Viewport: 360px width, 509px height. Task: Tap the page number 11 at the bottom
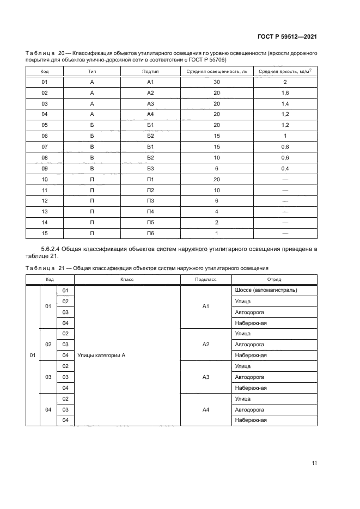tap(314, 463)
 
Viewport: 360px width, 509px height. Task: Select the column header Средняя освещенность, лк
tap(216, 71)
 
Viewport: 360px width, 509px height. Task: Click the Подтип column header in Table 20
tap(150, 71)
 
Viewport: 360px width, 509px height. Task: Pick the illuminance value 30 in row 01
tap(216, 82)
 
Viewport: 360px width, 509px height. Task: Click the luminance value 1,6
tap(284, 93)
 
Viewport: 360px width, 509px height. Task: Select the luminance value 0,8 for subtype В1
tap(284, 147)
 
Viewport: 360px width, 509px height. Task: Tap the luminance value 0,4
tap(284, 169)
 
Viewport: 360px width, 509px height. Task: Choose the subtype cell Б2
tap(151, 136)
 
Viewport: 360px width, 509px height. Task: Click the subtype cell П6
tap(151, 234)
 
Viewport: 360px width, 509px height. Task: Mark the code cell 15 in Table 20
tap(45, 234)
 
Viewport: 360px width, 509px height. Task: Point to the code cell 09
tap(45, 169)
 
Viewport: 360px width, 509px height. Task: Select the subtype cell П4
tap(151, 212)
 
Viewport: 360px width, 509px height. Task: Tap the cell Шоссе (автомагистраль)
tap(266, 290)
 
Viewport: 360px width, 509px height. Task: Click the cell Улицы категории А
tap(102, 355)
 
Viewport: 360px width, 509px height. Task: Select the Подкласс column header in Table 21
tap(206, 279)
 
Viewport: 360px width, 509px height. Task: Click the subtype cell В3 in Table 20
tap(151, 169)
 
